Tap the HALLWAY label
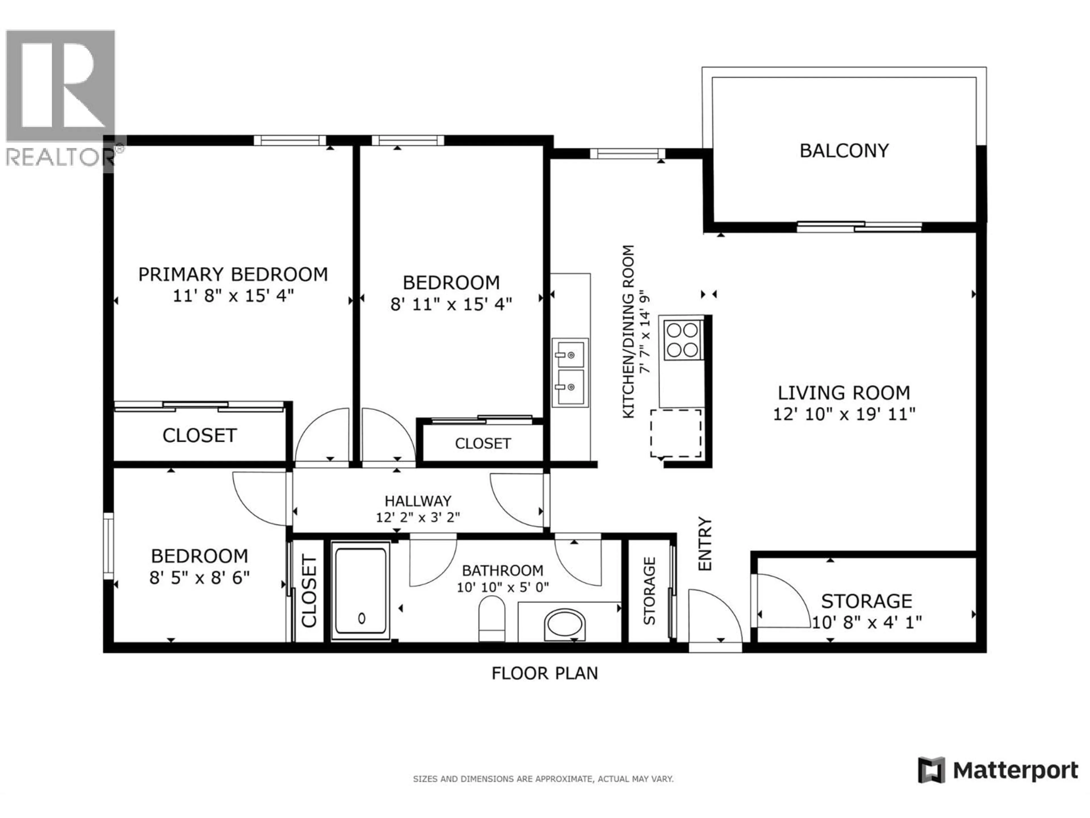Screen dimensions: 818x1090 [418, 501]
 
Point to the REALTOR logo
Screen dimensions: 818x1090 [61, 99]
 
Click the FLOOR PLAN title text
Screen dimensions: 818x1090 [544, 673]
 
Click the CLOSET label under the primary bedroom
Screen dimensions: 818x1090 [200, 435]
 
